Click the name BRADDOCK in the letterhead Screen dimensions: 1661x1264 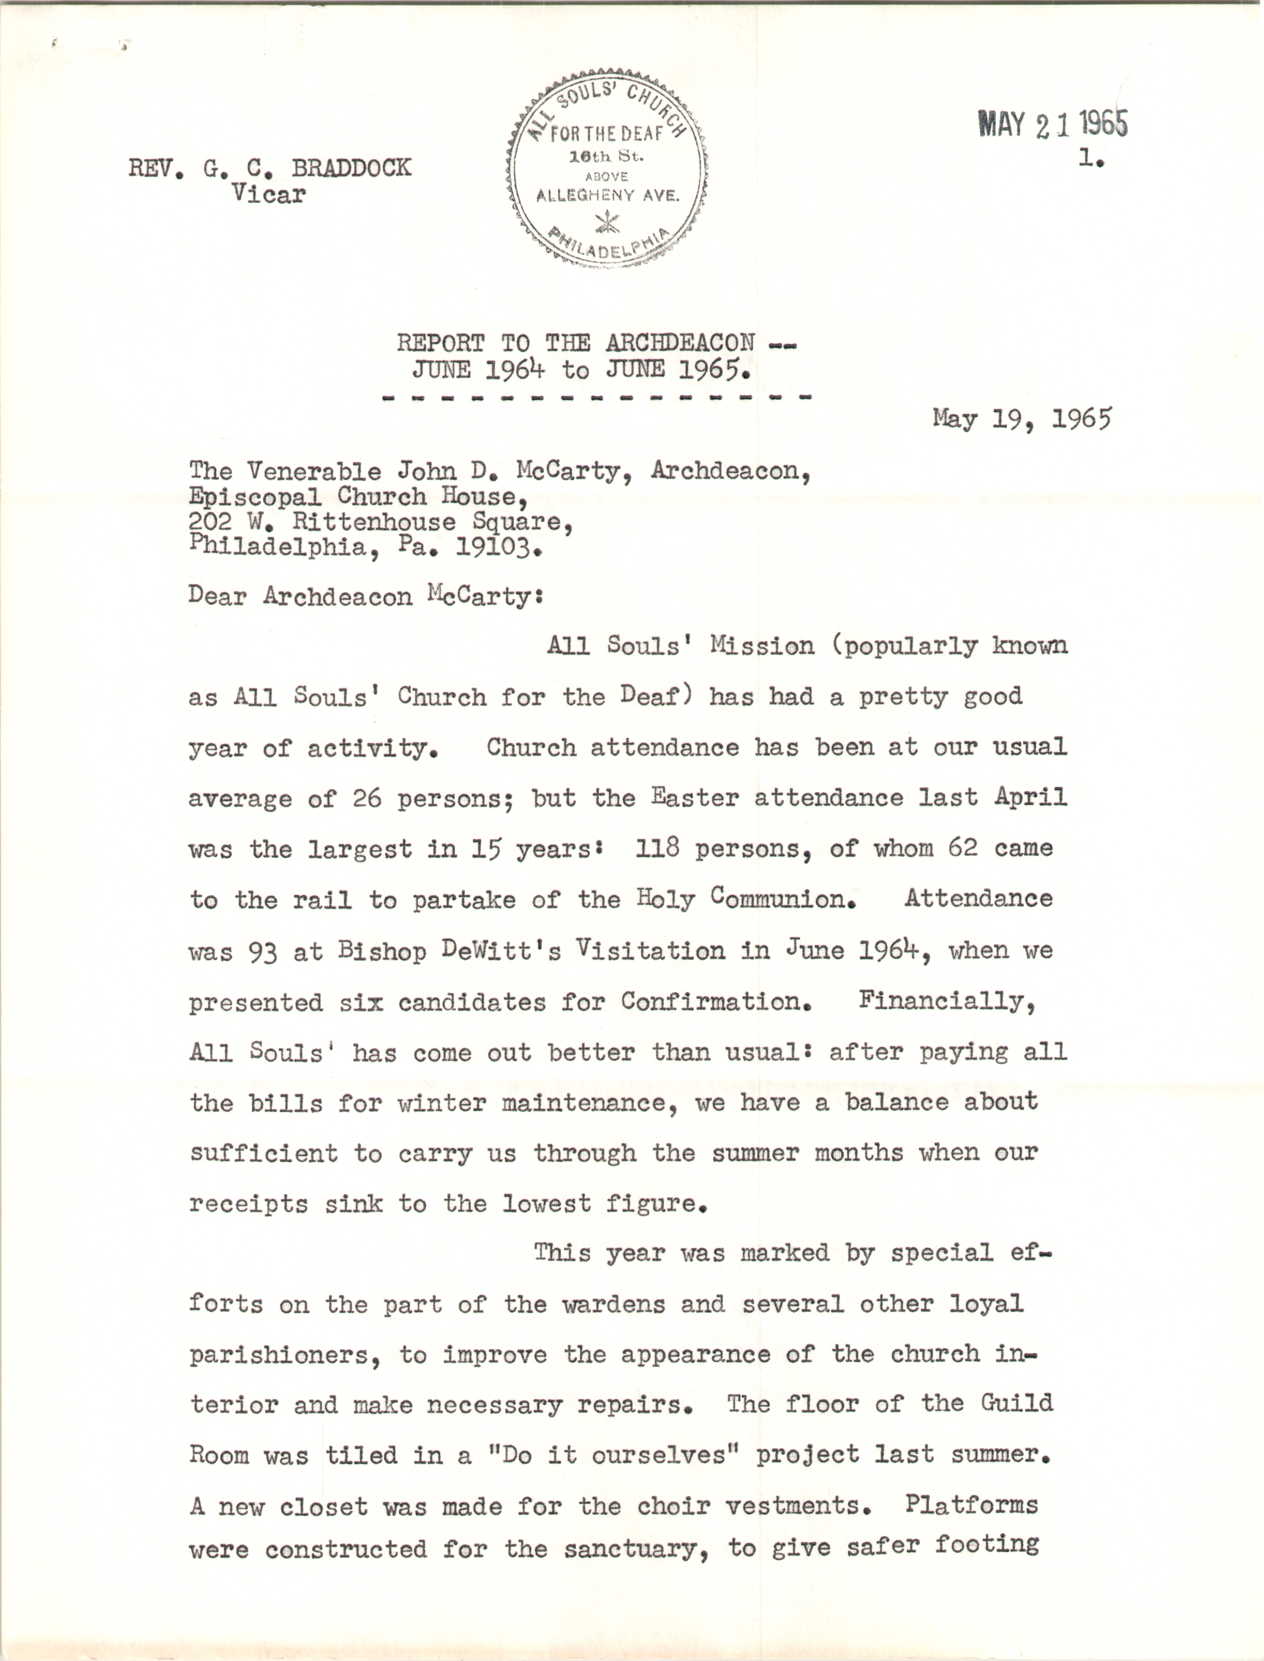[351, 168]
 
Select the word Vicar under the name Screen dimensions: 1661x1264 [269, 194]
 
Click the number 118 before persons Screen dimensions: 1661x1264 [657, 848]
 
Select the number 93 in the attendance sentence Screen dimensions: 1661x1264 [263, 952]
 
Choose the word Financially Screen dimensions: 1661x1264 [947, 1002]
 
